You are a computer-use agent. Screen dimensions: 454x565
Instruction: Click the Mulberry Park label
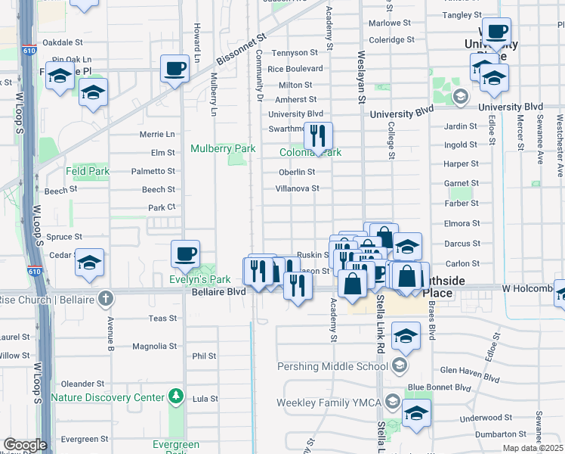click(x=223, y=149)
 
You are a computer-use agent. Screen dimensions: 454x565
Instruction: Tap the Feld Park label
click(x=88, y=172)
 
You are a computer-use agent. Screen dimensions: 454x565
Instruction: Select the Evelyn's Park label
click(x=199, y=279)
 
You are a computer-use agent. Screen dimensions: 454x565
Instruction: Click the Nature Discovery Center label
click(x=107, y=396)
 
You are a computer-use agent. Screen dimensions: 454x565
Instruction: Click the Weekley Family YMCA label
click(x=331, y=401)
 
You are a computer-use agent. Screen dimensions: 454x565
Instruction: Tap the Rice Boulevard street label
click(x=295, y=69)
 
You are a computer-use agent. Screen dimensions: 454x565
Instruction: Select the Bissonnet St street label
click(x=242, y=48)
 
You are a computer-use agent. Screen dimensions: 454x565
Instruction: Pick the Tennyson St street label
click(x=295, y=53)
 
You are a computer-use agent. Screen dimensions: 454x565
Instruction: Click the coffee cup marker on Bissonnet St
click(x=174, y=70)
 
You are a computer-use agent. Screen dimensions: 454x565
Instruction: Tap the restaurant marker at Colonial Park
click(x=318, y=137)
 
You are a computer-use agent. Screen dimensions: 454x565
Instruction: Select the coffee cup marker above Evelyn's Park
click(x=185, y=255)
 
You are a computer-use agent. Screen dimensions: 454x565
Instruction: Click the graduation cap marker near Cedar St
click(x=90, y=263)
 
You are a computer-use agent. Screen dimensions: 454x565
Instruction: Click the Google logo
click(x=25, y=445)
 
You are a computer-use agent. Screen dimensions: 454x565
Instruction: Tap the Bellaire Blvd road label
click(x=218, y=291)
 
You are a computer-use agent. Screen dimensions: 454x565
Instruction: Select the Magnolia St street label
click(x=154, y=347)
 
